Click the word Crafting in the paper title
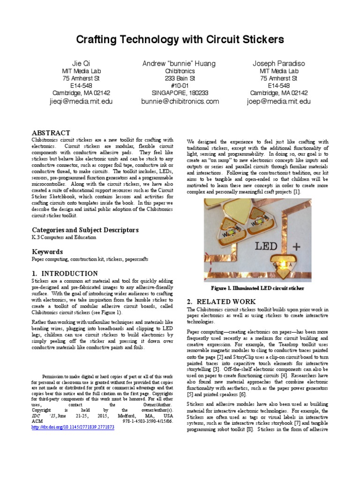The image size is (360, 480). [x=99, y=40]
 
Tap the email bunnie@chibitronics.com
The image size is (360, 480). [x=180, y=101]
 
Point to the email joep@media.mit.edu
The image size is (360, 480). [x=278, y=101]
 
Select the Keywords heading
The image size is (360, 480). [x=47, y=252]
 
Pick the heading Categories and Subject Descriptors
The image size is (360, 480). [x=85, y=230]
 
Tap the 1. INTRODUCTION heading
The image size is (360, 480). [x=65, y=273]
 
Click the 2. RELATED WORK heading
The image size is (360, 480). [x=221, y=301]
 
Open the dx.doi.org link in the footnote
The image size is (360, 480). [x=73, y=427]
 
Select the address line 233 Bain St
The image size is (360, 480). [x=180, y=78]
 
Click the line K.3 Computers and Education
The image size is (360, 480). [x=64, y=237]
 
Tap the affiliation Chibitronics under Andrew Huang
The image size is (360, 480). [x=180, y=71]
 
